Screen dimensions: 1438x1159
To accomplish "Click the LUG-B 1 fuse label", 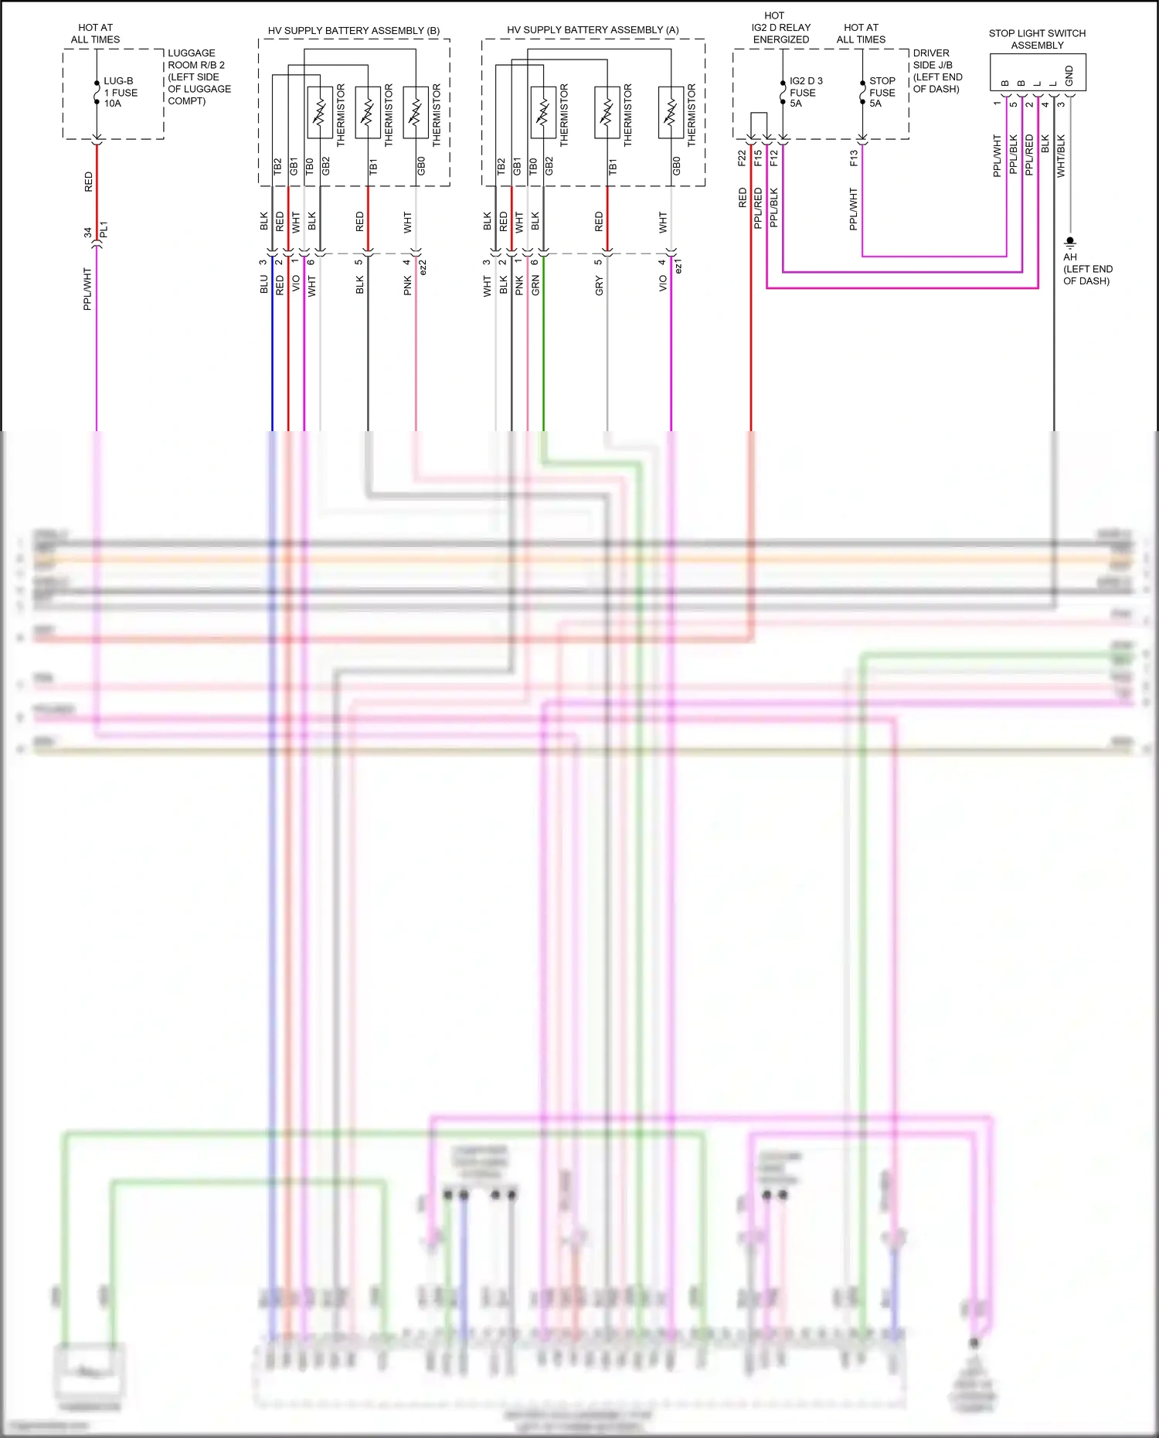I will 121,92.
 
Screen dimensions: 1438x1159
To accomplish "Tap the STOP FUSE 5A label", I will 882,92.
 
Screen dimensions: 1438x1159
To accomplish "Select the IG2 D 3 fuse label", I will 805,92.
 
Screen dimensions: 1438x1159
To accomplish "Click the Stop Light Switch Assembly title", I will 1037,39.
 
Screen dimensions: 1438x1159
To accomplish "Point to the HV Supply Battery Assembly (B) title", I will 354,31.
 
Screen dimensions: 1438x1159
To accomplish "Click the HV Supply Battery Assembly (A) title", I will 593,30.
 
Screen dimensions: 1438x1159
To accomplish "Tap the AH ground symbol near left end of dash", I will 1070,242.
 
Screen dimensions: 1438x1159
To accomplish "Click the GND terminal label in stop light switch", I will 1069,76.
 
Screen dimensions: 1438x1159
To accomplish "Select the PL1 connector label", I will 104,230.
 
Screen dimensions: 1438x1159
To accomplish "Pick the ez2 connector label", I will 423,267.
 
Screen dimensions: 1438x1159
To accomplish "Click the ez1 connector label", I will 678,267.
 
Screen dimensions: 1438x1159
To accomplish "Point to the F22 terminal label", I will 742,158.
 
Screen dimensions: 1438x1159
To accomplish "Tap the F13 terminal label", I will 854,158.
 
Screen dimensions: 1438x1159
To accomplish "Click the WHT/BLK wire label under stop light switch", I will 1061,157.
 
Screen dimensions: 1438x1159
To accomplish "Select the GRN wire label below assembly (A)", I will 535,286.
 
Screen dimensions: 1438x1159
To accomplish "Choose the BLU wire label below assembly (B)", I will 263,284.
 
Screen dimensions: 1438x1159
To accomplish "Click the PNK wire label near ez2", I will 407,286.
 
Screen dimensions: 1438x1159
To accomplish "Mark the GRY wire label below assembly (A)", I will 599,287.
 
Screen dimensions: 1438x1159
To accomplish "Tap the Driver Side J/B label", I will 937,71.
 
